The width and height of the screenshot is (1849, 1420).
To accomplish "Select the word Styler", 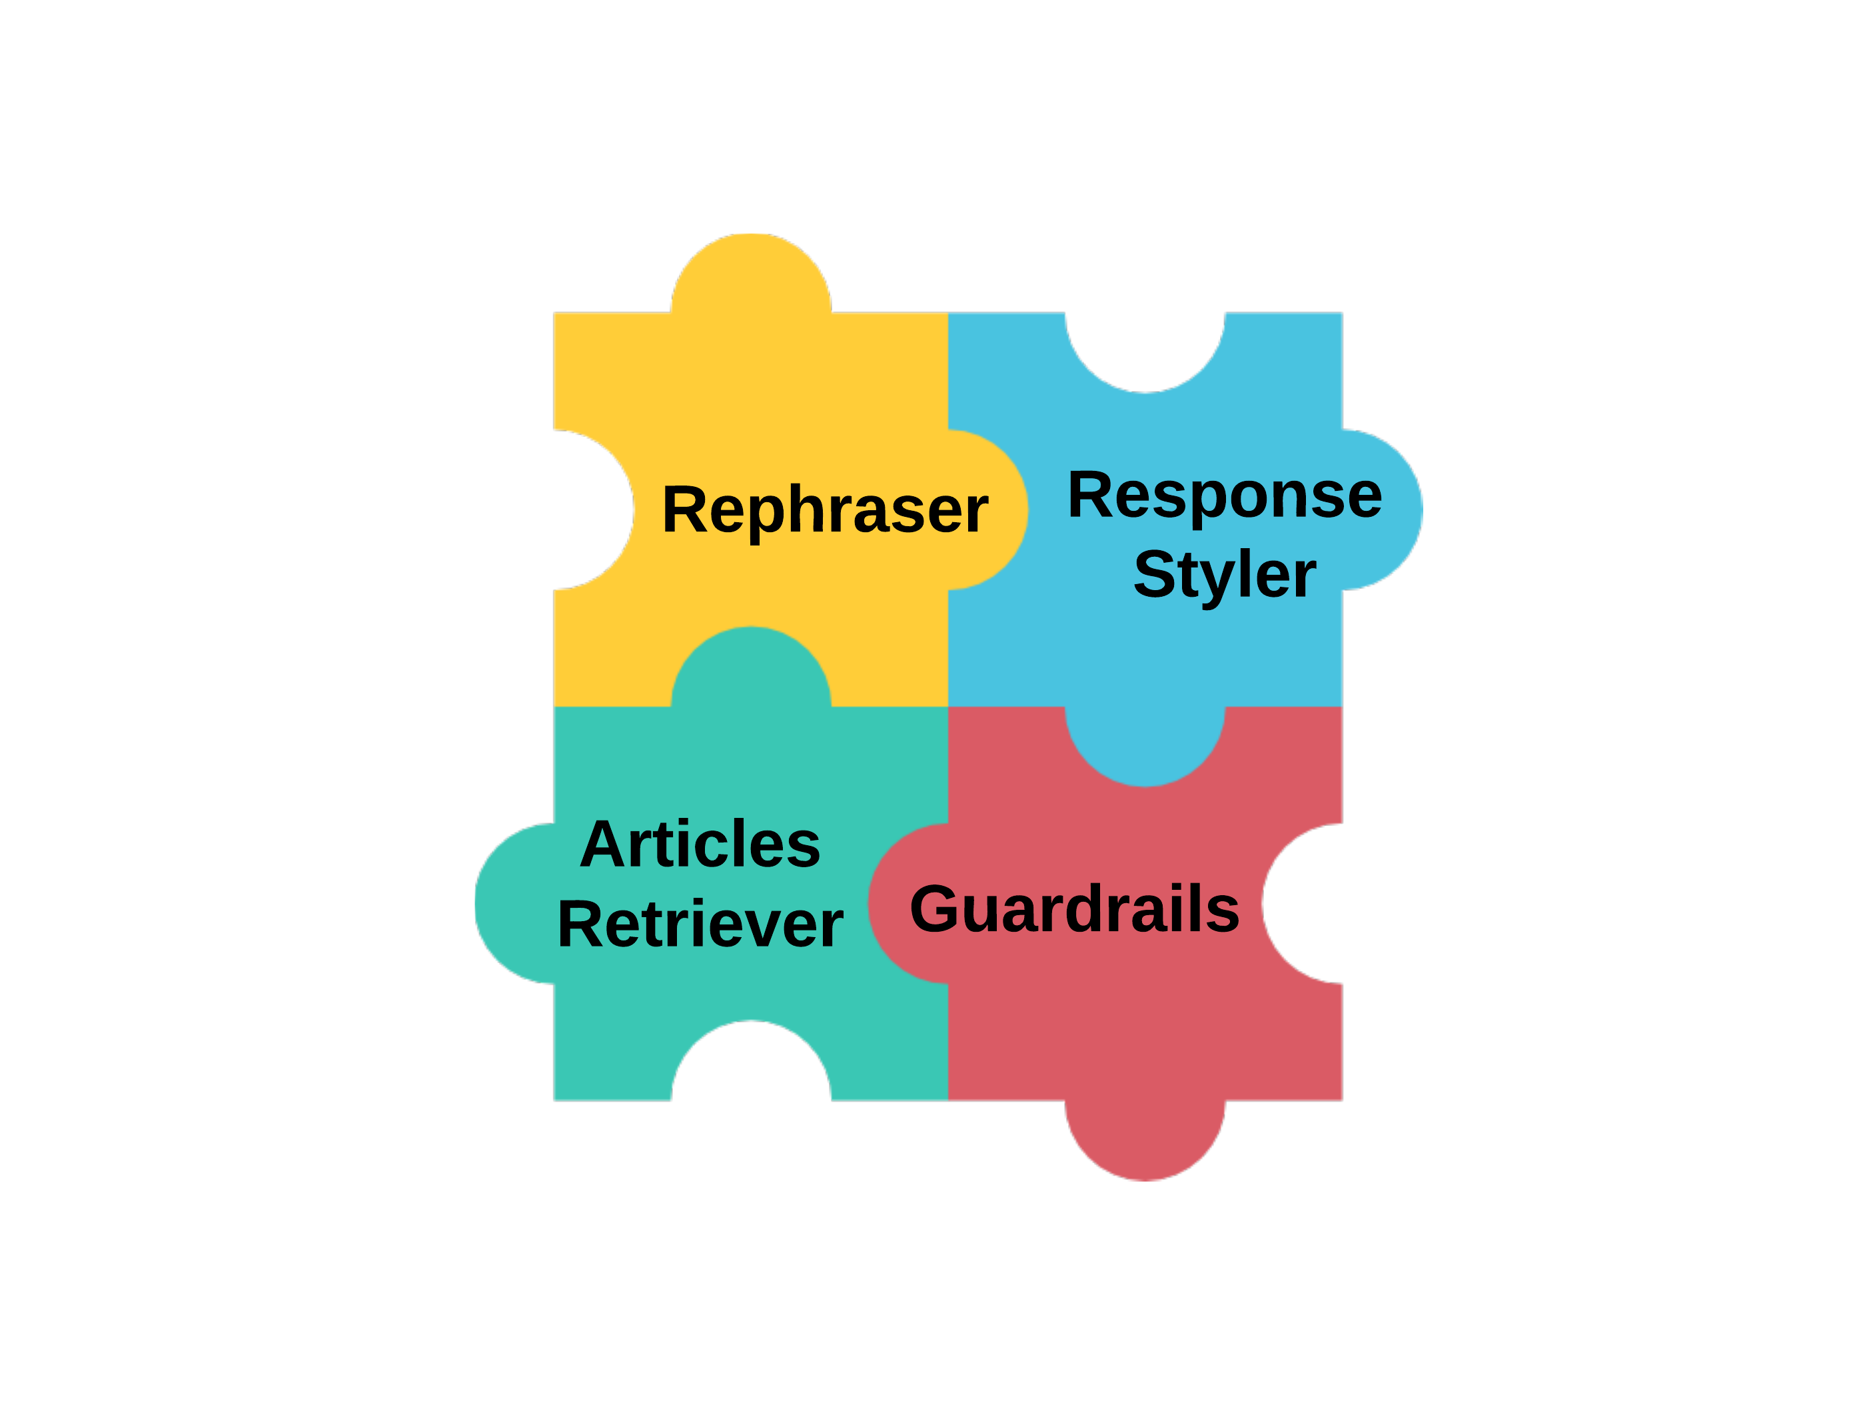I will pyautogui.click(x=1224, y=575).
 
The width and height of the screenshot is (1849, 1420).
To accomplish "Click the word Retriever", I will pyautogui.click(x=700, y=924).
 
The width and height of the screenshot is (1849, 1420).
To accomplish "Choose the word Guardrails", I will pyautogui.click(x=1073, y=908).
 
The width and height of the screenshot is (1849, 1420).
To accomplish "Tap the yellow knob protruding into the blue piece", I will pyautogui.click(x=985, y=510).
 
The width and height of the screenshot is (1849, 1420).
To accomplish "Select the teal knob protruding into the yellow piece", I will pyautogui.click(x=751, y=668).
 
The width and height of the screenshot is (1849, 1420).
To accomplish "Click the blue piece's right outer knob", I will pyautogui.click(x=1380, y=510).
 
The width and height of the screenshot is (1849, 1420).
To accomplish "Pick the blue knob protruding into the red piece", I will pyautogui.click(x=1145, y=744).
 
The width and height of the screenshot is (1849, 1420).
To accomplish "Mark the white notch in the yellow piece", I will pyautogui.click(x=592, y=510).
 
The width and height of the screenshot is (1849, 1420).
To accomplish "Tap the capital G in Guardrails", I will pyautogui.click(x=934, y=908).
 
